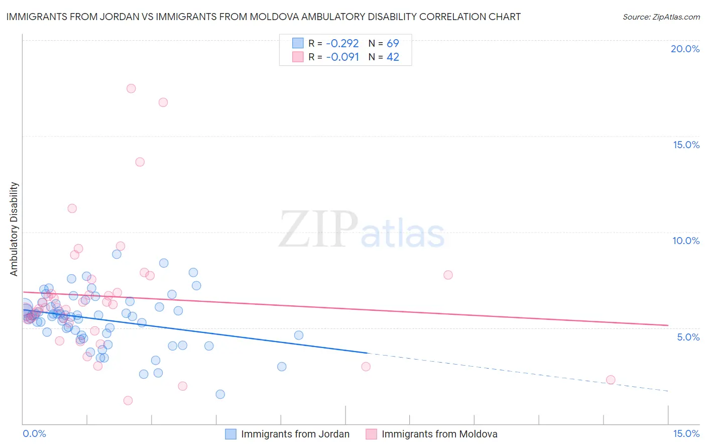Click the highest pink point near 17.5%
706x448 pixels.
click(131, 88)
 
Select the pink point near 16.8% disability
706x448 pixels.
click(163, 102)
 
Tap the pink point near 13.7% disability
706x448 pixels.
click(140, 162)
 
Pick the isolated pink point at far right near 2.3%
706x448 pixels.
click(611, 380)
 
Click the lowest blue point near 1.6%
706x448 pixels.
click(220, 394)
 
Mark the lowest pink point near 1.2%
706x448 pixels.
click(128, 401)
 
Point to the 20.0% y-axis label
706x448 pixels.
click(685, 49)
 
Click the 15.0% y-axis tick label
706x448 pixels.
click(686, 145)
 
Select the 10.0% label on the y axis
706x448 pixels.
click(686, 241)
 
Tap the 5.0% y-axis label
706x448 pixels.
click(688, 337)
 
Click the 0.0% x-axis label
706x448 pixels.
click(34, 433)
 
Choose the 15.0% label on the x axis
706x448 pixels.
click(685, 433)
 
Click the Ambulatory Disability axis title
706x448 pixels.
click(14, 229)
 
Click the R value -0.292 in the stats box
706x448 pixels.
click(342, 43)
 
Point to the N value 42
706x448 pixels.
click(393, 57)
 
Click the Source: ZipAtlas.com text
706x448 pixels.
click(661, 17)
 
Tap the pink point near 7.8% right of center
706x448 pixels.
click(448, 275)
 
